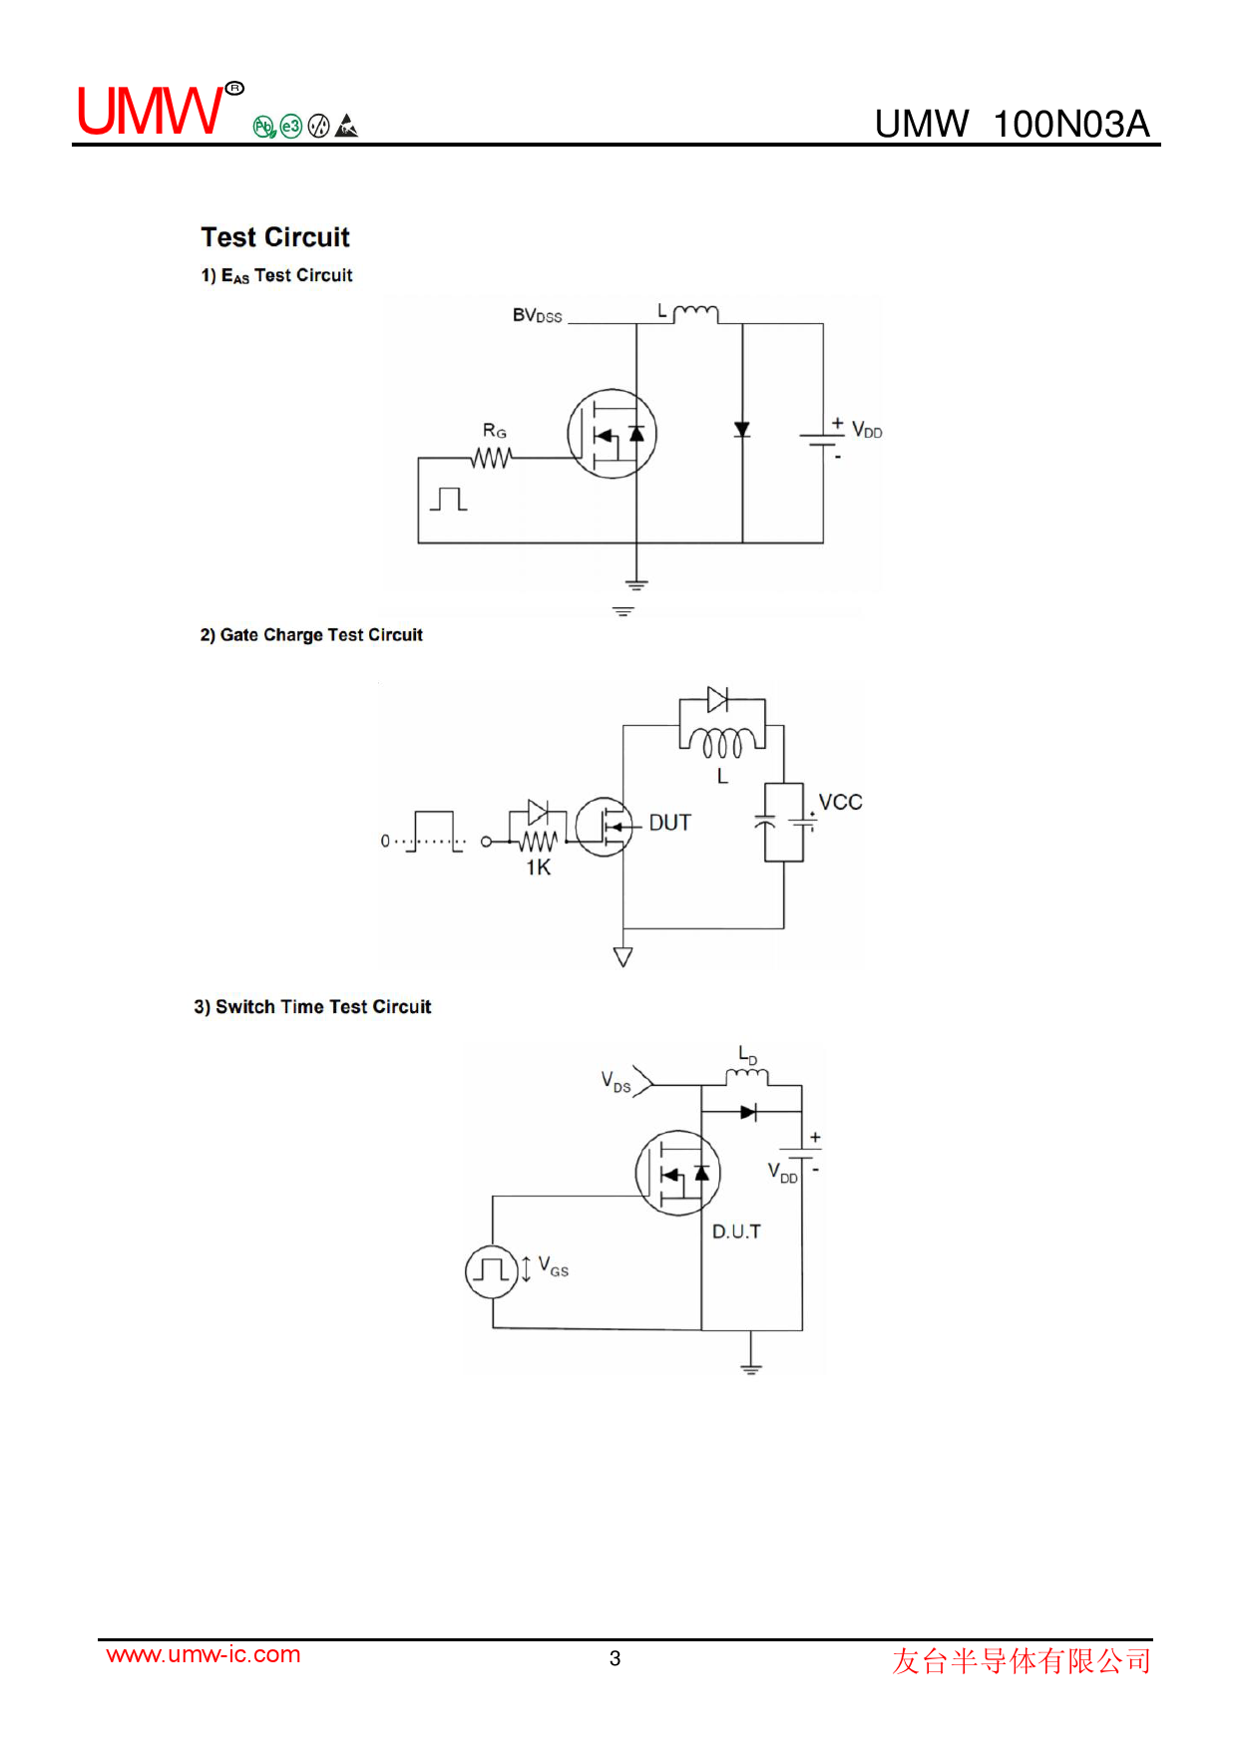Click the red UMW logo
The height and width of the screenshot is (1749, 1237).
tap(152, 111)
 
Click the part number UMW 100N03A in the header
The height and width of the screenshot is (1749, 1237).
tap(1012, 124)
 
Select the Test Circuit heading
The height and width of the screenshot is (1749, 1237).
tap(275, 237)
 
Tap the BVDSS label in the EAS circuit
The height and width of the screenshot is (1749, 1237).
tap(537, 316)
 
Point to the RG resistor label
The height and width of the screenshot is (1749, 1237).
tap(494, 431)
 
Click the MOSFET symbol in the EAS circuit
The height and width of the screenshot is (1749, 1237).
tap(612, 434)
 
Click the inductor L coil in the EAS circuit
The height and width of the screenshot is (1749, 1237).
tap(695, 314)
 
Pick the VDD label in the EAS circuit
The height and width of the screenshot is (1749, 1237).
tap(866, 430)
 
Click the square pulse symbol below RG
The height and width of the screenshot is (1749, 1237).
tap(449, 499)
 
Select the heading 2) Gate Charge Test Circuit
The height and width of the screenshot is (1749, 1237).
tap(311, 635)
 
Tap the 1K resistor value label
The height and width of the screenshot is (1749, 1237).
tap(538, 868)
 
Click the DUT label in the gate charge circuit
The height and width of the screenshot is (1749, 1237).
tap(669, 823)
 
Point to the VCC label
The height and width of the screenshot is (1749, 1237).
tap(840, 803)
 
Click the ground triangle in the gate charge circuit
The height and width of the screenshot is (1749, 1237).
tap(623, 957)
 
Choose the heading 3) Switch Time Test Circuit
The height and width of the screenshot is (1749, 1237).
tap(312, 1007)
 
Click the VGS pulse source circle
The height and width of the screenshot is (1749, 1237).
tap(492, 1271)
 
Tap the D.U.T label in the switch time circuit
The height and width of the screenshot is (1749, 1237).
tap(736, 1232)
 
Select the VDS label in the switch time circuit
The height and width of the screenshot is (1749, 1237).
tap(616, 1082)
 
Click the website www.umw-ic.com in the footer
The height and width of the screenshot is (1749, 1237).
tap(204, 1654)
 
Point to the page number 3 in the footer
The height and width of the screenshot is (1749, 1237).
tap(616, 1658)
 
